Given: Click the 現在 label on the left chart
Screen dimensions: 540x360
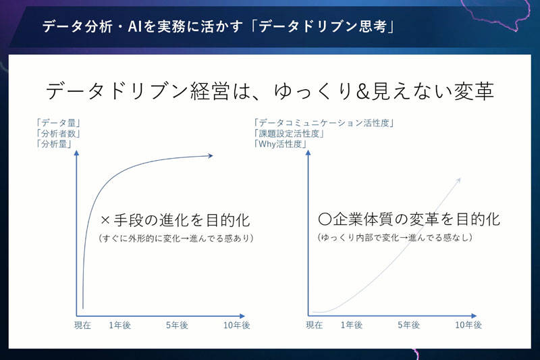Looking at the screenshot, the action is tap(82, 325).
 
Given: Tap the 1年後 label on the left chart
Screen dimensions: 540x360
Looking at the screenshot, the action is tap(120, 325).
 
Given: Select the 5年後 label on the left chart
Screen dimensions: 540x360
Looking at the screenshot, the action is tap(177, 325).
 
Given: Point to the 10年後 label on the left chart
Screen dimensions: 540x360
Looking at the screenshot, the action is tap(237, 325).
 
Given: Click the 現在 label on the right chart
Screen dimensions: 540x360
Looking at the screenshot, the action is tap(315, 325).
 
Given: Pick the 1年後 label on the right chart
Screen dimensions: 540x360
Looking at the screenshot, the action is tap(352, 325).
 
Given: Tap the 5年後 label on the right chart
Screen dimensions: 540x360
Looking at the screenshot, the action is tap(409, 325).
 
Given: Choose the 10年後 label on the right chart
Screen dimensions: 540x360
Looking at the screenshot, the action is tap(468, 325).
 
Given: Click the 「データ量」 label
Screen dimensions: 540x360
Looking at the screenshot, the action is tap(59, 123).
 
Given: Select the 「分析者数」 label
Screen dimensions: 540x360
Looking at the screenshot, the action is tap(59, 134).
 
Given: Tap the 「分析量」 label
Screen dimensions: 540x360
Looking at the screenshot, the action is tap(54, 144).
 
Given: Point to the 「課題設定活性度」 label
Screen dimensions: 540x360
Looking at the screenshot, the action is tap(289, 133).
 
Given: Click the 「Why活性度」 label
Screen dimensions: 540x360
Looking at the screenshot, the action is tap(280, 144).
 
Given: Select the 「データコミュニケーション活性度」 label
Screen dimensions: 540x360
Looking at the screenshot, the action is tap(324, 123).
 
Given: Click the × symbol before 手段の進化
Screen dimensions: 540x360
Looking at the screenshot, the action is tap(105, 220).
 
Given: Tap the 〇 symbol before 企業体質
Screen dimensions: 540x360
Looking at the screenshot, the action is tap(325, 219).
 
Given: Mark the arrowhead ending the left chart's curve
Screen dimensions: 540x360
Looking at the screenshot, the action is tap(211, 156).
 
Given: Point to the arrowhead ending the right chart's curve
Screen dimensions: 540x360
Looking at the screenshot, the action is tap(458, 180).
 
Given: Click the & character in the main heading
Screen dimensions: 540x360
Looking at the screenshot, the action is tap(363, 91).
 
